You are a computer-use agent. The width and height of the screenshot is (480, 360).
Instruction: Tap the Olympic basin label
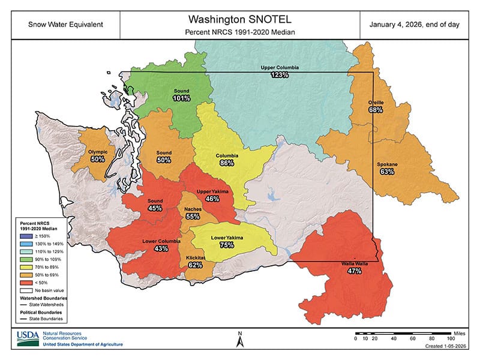(x=98, y=152)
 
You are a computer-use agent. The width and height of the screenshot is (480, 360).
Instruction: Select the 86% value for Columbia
(x=227, y=163)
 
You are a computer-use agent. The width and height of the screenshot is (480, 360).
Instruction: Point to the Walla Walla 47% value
(x=354, y=271)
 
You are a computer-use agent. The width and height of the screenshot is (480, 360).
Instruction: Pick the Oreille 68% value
(x=376, y=110)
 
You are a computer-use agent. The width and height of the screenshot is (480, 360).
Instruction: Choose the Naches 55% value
(x=193, y=215)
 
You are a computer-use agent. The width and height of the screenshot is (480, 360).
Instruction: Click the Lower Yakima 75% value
(x=227, y=245)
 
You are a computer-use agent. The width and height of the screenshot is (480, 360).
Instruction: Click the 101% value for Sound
(x=182, y=98)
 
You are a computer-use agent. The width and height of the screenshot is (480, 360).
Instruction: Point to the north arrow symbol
(x=239, y=340)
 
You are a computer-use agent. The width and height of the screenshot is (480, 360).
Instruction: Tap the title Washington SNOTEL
(x=240, y=19)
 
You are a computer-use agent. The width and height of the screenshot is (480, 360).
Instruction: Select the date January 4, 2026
(x=418, y=25)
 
